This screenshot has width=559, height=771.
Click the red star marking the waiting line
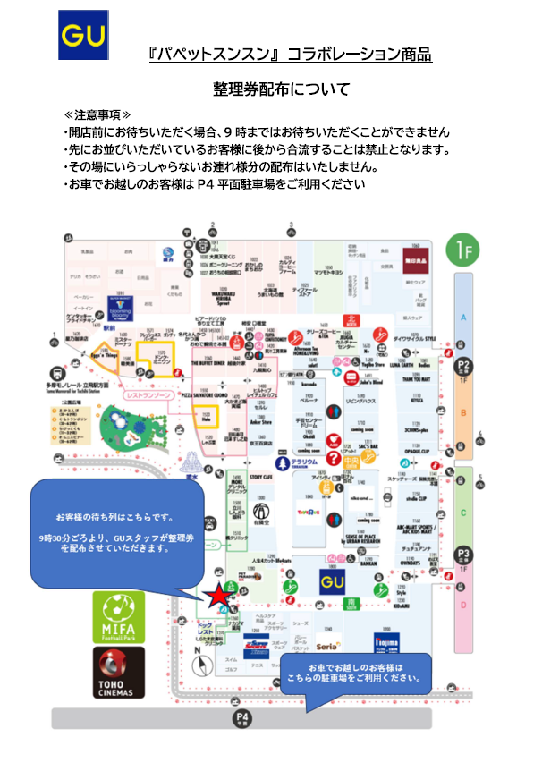(x=217, y=594)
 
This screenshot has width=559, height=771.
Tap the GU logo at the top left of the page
(x=83, y=35)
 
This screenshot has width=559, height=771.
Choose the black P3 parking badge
(x=463, y=555)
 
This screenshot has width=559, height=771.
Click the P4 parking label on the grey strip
(x=241, y=717)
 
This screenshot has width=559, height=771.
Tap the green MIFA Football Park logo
(x=118, y=615)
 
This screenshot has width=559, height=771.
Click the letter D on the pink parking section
(x=463, y=606)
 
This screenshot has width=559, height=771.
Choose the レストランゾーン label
(x=145, y=394)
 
